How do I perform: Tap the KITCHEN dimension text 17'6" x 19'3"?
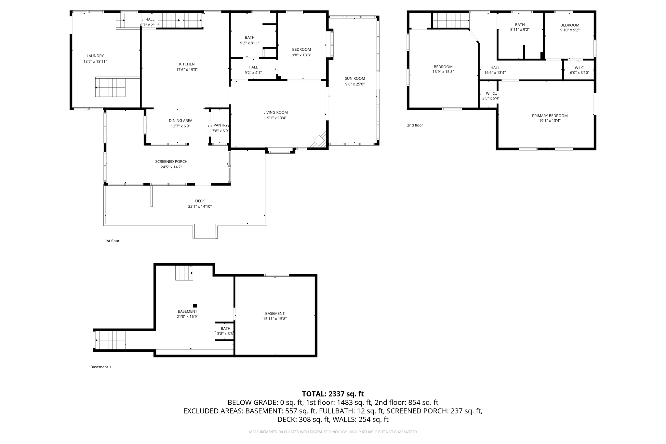point(187,70)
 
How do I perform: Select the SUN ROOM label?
point(355,78)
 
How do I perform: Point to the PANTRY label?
point(220,125)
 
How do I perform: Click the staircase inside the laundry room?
point(110,87)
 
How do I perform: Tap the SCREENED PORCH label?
point(171,162)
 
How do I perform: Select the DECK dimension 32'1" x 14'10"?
point(200,206)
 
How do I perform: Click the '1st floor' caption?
point(112,241)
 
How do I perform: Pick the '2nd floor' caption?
point(415,125)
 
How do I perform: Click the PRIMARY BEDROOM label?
point(550,116)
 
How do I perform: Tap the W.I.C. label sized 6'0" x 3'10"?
point(579,68)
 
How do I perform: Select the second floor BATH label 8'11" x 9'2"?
point(520,25)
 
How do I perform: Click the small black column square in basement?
point(195,306)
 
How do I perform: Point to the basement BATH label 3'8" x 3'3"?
point(225,329)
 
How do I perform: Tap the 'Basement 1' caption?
point(100,367)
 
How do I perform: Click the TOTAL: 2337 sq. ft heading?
point(333,394)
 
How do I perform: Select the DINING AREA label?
point(180,121)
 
